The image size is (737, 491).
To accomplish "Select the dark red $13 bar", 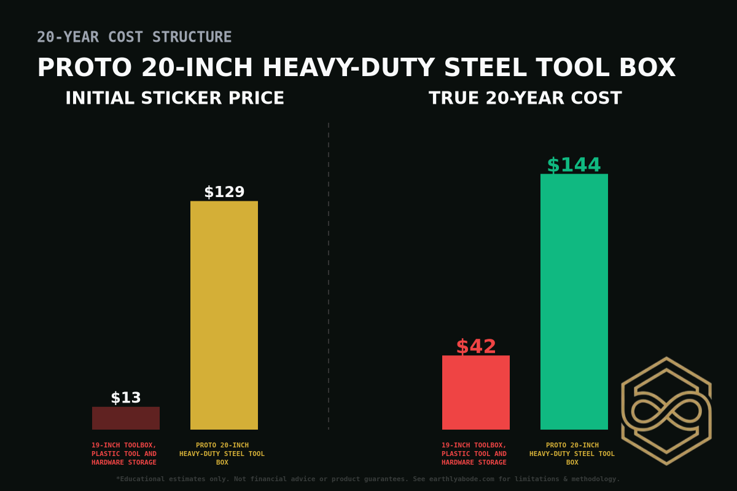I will [126, 418].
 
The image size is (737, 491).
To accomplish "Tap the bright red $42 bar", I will [476, 392].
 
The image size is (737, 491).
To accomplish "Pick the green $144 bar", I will [574, 301].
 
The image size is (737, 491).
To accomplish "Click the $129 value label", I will [224, 192].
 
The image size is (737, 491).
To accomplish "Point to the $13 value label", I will [126, 398].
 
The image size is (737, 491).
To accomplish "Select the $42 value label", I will [476, 347].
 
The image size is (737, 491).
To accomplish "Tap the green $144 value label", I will [574, 165].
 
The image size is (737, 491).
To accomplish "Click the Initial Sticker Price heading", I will [174, 98].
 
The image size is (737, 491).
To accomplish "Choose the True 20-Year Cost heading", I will [525, 98].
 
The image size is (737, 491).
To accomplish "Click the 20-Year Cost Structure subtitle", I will [134, 37].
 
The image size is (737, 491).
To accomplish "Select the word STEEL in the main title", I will [485, 68].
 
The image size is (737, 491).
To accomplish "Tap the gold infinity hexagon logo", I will [666, 411].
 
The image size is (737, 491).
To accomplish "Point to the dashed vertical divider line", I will [329, 276].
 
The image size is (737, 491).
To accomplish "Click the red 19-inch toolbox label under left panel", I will [124, 454].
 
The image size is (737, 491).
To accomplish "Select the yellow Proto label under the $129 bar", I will [222, 454].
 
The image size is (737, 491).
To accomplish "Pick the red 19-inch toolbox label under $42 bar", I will [474, 454].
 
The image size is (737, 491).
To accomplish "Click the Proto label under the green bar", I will [572, 454].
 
